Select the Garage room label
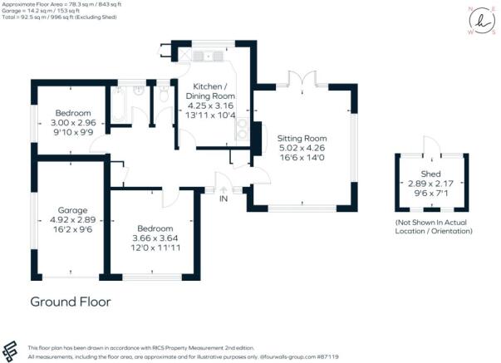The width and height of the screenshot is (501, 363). click(68, 210)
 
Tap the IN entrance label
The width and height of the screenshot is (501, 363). click(223, 199)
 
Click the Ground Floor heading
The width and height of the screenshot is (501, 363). click(70, 302)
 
